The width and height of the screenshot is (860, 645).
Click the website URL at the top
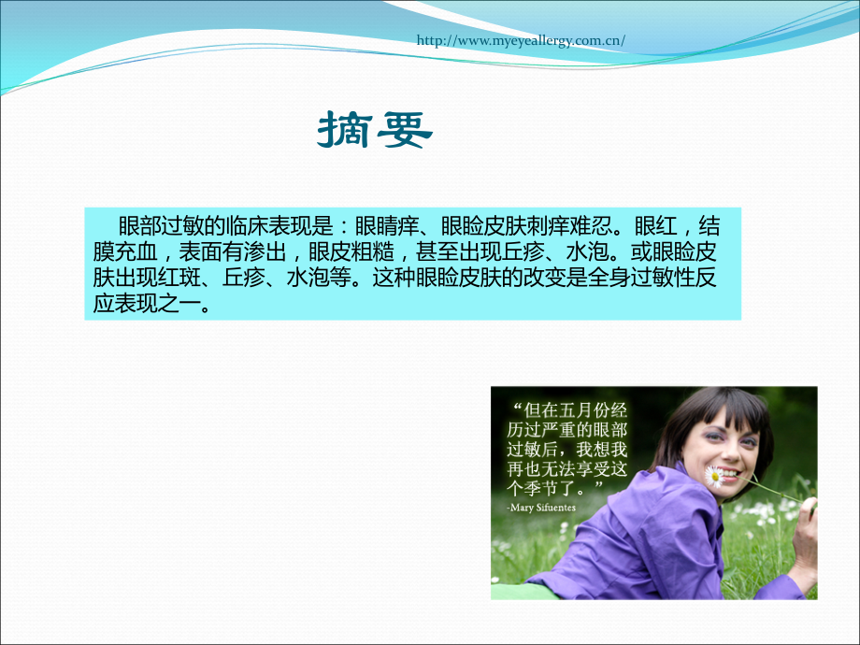[x=520, y=41]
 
